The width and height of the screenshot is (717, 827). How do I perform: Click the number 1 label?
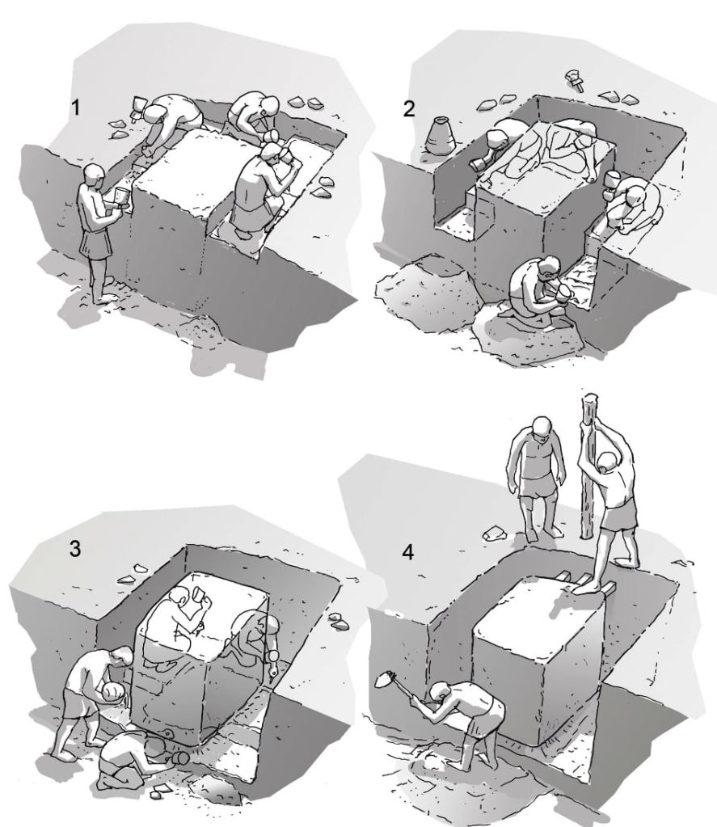76,108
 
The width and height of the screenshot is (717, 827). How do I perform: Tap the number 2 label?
408,108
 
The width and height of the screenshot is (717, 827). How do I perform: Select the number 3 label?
75,549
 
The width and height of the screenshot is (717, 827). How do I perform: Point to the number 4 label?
408,552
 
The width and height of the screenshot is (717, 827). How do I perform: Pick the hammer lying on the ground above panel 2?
574,80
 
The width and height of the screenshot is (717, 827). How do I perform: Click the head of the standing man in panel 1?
95,174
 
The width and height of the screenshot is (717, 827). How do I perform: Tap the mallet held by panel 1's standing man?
122,197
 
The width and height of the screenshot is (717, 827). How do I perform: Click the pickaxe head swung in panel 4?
384,679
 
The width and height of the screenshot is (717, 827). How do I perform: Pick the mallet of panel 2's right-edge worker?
612,182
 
